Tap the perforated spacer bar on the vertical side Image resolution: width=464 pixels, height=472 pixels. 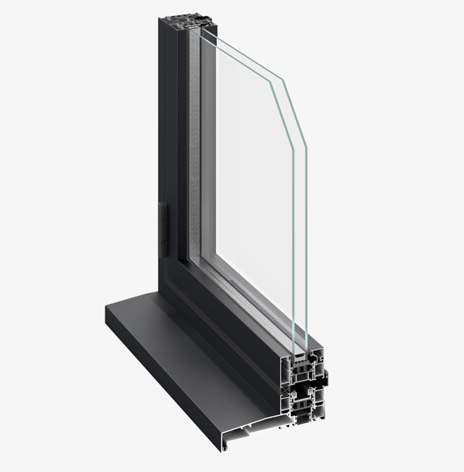coord(197,151)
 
